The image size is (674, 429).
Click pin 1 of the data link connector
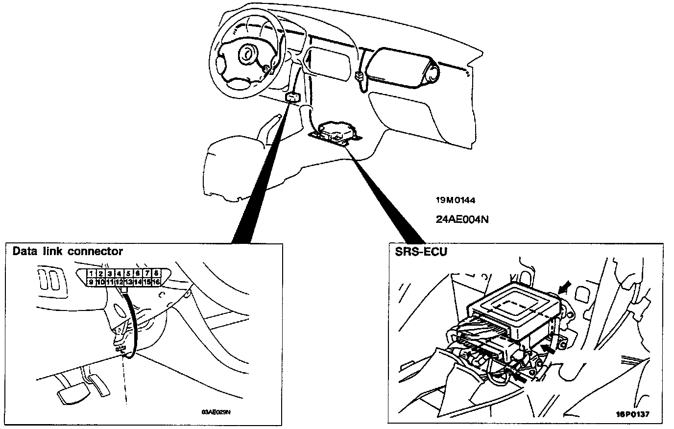pyautogui.click(x=91, y=273)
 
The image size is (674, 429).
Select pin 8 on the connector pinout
pyautogui.click(x=156, y=273)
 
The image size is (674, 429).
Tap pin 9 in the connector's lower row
pyautogui.click(x=91, y=282)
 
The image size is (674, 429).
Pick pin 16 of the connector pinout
pyautogui.click(x=156, y=282)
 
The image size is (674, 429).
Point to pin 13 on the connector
pyautogui.click(x=128, y=282)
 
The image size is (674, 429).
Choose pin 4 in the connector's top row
pyautogui.click(x=119, y=273)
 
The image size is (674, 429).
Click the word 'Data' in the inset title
pyautogui.click(x=24, y=251)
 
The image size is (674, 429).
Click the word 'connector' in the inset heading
pyautogui.click(x=95, y=251)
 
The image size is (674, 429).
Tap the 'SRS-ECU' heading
pyautogui.click(x=414, y=251)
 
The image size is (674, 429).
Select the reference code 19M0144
pyautogui.click(x=455, y=200)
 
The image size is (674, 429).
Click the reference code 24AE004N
pyautogui.click(x=462, y=219)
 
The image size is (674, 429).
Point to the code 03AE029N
pyautogui.click(x=216, y=411)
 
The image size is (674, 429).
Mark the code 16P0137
pyautogui.click(x=633, y=414)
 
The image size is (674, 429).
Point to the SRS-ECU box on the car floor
pyautogui.click(x=337, y=131)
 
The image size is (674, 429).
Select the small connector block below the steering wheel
pyautogui.click(x=292, y=97)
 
